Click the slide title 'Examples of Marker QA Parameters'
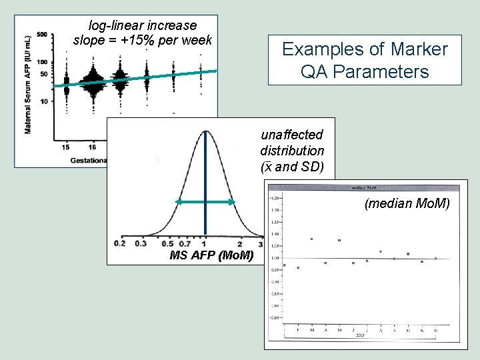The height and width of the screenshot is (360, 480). [365, 60]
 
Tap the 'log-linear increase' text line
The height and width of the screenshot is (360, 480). [143, 25]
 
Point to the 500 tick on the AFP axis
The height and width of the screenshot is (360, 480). [42, 35]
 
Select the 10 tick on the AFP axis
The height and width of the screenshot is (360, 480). [44, 101]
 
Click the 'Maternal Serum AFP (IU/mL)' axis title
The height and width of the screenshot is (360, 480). [29, 85]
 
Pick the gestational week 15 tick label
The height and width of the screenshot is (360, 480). [66, 146]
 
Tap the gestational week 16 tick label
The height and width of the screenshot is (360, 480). [92, 146]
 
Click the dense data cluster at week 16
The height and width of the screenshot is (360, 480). [93, 81]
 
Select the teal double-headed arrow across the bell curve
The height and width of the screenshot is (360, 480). [205, 202]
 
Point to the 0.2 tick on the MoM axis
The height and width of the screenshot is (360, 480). [119, 244]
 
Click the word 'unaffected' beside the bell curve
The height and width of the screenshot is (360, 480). [292, 135]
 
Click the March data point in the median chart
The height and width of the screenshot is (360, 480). [311, 239]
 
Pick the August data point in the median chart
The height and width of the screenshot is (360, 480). [380, 251]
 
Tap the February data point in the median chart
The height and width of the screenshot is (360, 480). [297, 268]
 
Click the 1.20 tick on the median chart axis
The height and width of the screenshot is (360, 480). [274, 198]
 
